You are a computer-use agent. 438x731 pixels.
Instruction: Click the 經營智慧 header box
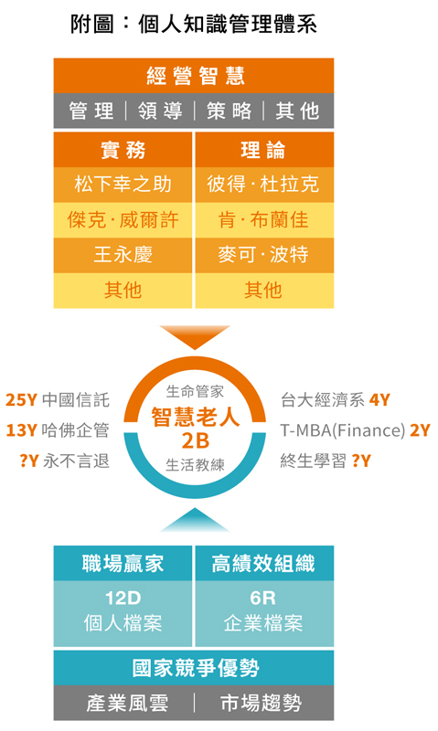pyautogui.click(x=194, y=76)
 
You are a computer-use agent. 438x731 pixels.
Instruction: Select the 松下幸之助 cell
pyautogui.click(x=123, y=185)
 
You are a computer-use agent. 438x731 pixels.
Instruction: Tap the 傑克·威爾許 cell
pyautogui.click(x=123, y=220)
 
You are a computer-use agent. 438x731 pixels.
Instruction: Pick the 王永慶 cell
pyautogui.click(x=123, y=255)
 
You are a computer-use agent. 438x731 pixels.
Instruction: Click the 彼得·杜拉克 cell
pyautogui.click(x=264, y=185)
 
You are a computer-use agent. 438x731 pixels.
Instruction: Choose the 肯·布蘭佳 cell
pyautogui.click(x=264, y=220)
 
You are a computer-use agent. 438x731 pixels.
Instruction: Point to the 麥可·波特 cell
pyautogui.click(x=264, y=255)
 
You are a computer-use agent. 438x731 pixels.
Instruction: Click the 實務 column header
pyautogui.click(x=123, y=150)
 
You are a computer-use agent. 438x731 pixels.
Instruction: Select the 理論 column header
pyautogui.click(x=264, y=150)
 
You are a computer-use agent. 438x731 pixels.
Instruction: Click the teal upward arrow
pyautogui.click(x=195, y=520)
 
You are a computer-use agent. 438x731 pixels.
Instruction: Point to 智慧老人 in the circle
pyautogui.click(x=195, y=417)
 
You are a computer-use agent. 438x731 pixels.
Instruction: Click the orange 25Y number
pyautogui.click(x=21, y=400)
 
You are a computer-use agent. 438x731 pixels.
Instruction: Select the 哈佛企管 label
pyautogui.click(x=75, y=430)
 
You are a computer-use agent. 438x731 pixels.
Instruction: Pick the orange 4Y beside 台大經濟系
pyautogui.click(x=379, y=400)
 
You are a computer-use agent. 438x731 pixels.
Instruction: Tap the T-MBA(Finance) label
pyautogui.click(x=343, y=430)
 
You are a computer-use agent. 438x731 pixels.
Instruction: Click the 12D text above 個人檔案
pyautogui.click(x=123, y=598)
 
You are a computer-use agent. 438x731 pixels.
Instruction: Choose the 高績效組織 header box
pyautogui.click(x=264, y=563)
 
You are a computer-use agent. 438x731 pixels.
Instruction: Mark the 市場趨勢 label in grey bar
pyautogui.click(x=262, y=703)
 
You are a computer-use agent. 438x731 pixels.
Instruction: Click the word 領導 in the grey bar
pyautogui.click(x=160, y=111)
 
